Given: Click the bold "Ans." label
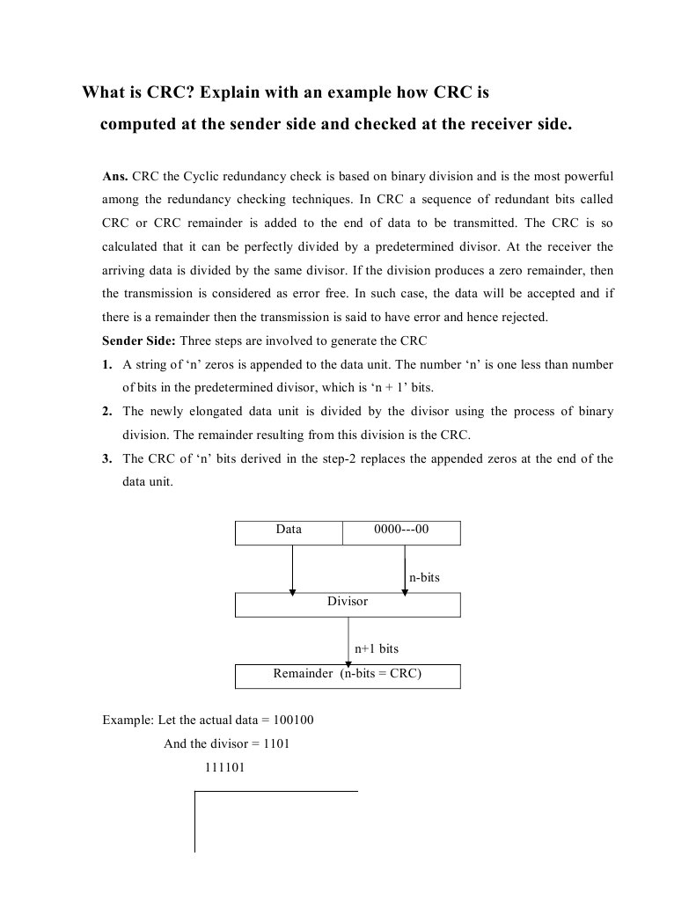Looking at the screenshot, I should tap(115, 176).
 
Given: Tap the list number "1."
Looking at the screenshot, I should tap(107, 364).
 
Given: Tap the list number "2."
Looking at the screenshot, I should tap(107, 411).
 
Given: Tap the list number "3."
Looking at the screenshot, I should tap(107, 458).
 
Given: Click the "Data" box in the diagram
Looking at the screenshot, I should tap(289, 533).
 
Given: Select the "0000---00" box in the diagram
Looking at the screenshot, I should tap(401, 533).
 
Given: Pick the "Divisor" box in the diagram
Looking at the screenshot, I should tap(348, 604).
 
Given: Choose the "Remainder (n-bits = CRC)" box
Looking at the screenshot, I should tap(348, 675).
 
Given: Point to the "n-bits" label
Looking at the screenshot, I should tap(424, 577).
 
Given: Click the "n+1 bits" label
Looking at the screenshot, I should tap(376, 648).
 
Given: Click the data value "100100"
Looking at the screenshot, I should tap(294, 721).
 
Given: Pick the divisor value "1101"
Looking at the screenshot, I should tap(276, 744).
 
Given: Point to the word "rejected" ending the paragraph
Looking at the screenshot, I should tap(524, 317).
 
